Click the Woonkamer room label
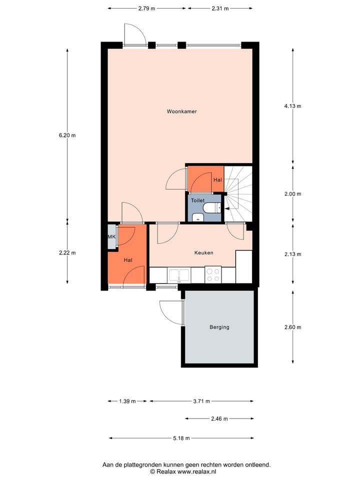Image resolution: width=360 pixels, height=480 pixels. [x=181, y=111]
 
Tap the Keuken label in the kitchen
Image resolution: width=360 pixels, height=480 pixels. [x=203, y=253]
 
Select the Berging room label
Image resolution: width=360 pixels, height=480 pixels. [x=219, y=327]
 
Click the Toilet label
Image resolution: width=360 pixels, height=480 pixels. [x=197, y=200]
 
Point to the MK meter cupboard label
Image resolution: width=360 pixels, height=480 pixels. [x=111, y=237]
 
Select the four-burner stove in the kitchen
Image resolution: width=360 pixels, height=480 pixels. [x=213, y=274]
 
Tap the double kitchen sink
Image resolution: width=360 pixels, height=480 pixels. [x=179, y=274]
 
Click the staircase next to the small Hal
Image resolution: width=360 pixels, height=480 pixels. [x=238, y=192]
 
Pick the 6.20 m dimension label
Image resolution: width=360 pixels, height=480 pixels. [x=67, y=135]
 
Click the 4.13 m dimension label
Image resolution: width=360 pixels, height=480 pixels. [x=292, y=106]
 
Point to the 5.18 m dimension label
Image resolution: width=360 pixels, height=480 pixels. [x=181, y=438]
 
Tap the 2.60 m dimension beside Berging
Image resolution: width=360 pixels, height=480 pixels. [x=292, y=327]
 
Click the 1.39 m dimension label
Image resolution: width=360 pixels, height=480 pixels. [x=127, y=401]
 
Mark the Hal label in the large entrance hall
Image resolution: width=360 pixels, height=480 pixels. [x=128, y=260]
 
